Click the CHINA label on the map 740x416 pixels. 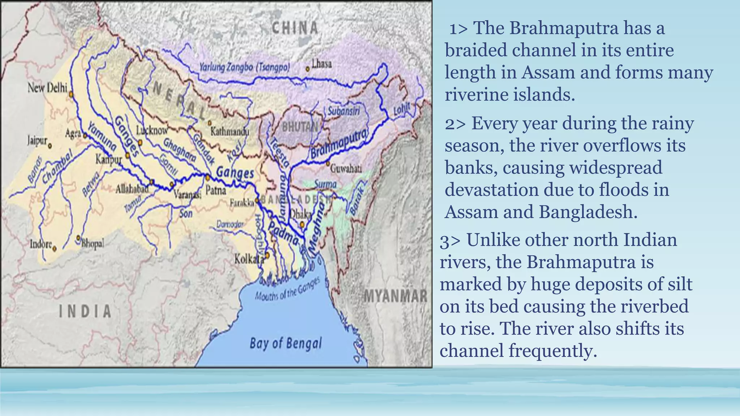click(x=295, y=28)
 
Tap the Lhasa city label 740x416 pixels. click(x=322, y=64)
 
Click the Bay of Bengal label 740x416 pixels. click(x=285, y=343)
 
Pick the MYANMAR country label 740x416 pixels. click(x=395, y=296)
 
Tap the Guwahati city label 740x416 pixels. click(x=346, y=168)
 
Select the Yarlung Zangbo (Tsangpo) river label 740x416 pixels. click(x=245, y=68)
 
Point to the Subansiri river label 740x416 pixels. click(x=344, y=111)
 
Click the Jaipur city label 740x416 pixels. click(x=37, y=140)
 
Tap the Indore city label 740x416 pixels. click(x=41, y=244)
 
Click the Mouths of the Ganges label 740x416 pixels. click(x=288, y=289)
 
